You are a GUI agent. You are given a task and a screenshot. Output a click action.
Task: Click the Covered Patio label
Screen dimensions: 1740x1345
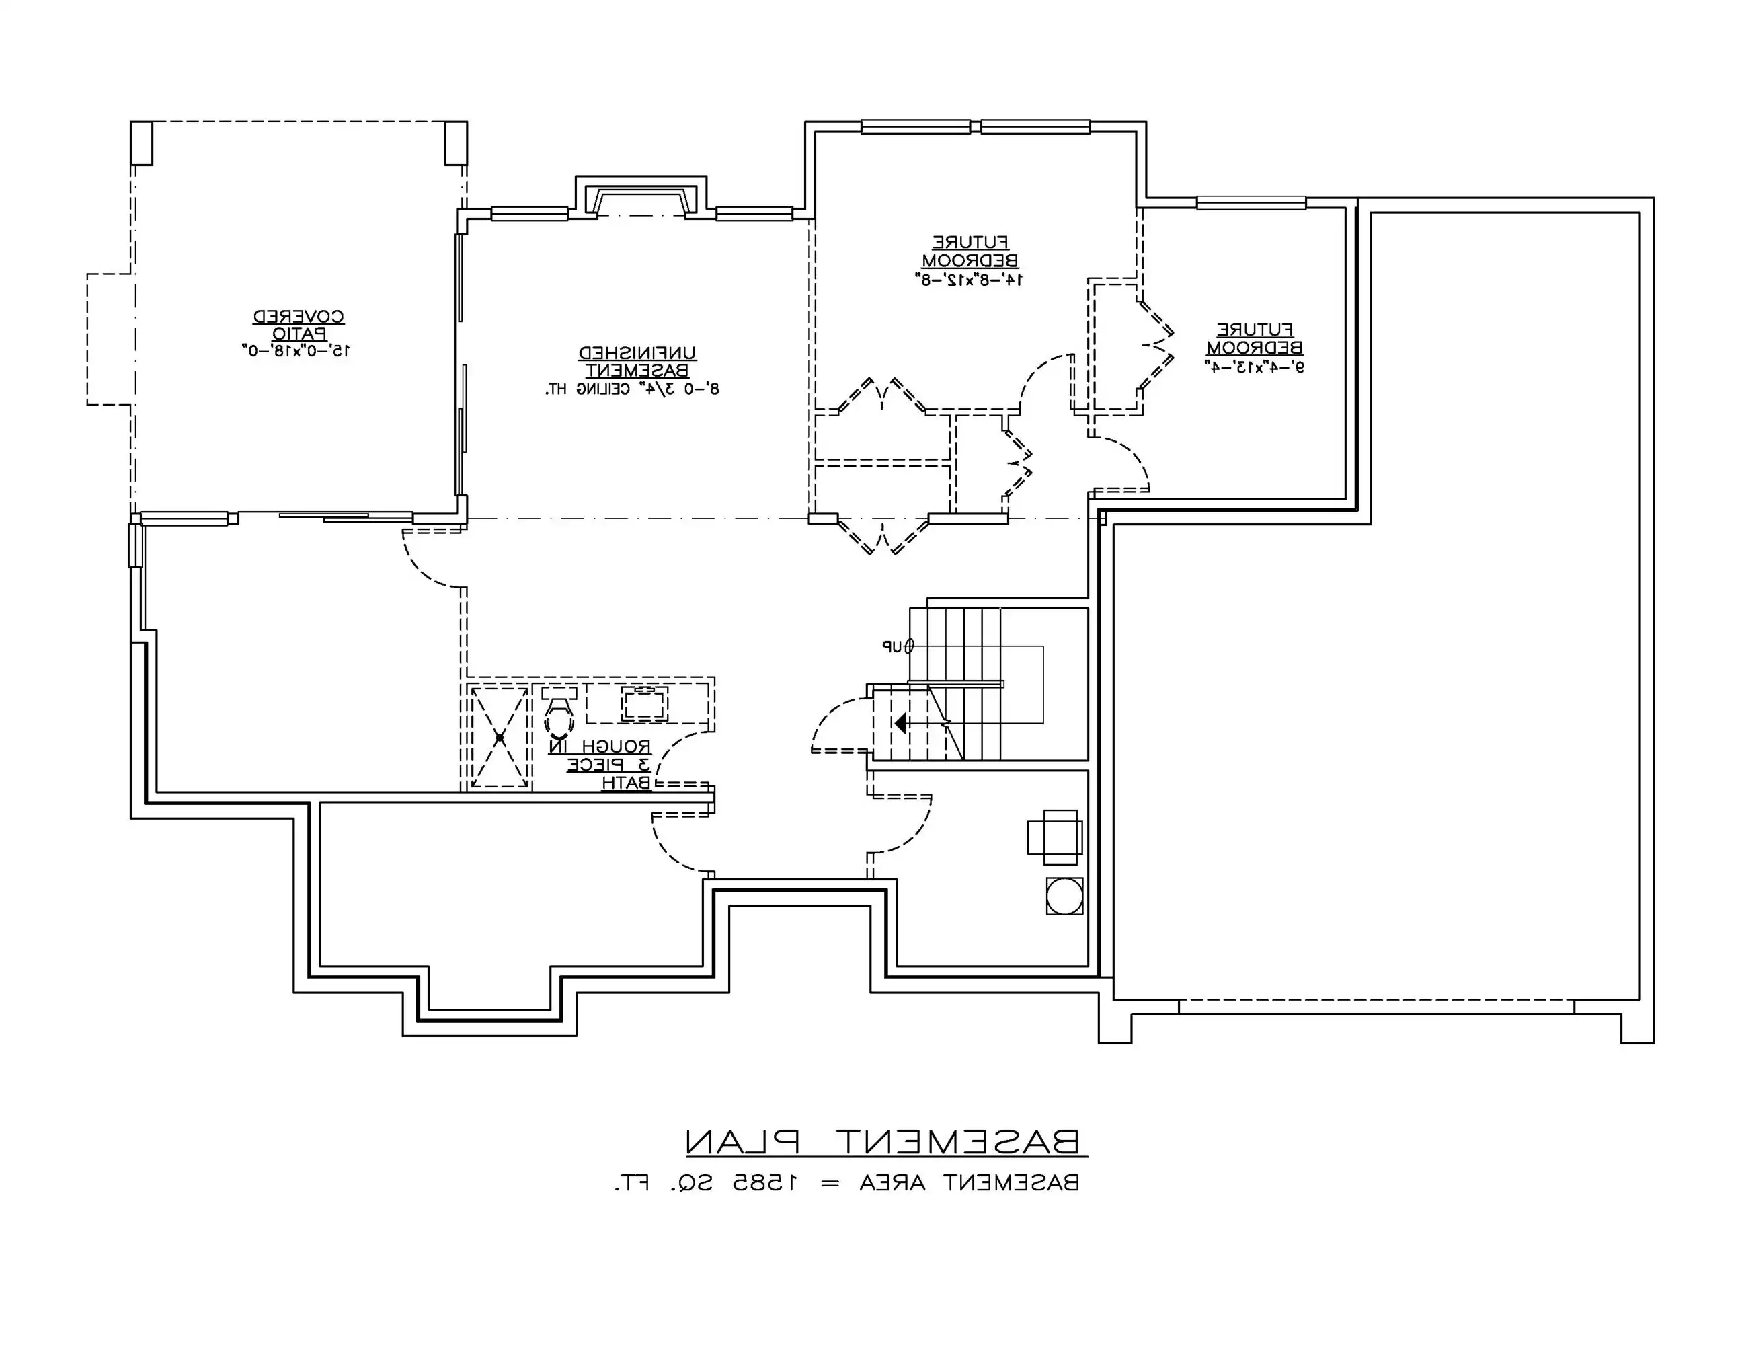coord(299,325)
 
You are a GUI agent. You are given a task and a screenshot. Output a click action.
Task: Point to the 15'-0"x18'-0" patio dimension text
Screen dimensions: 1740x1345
coord(296,350)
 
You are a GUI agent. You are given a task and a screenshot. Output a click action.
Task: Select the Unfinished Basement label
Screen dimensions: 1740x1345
coord(637,362)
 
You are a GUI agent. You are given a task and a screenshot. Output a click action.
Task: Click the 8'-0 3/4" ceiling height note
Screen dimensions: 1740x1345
coord(633,389)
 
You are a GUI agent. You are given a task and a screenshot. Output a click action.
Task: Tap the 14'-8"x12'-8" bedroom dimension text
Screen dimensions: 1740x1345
coord(970,280)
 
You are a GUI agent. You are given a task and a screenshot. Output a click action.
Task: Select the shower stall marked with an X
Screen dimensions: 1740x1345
coord(500,737)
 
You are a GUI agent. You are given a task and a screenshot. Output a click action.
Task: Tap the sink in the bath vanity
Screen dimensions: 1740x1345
coord(645,703)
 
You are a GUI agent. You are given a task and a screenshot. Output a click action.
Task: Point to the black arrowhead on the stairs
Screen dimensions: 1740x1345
coord(900,724)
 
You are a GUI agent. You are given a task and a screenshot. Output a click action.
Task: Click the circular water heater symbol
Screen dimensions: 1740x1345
coord(1064,896)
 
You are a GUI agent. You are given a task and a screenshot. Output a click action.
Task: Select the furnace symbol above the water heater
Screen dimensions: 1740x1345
coord(1055,837)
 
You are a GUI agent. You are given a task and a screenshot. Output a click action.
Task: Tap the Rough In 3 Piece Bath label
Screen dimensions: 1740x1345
coord(600,764)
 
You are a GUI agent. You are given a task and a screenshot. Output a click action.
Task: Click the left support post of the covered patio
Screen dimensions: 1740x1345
coord(141,143)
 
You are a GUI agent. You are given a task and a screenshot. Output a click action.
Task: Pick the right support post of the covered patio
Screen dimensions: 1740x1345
coord(456,143)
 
